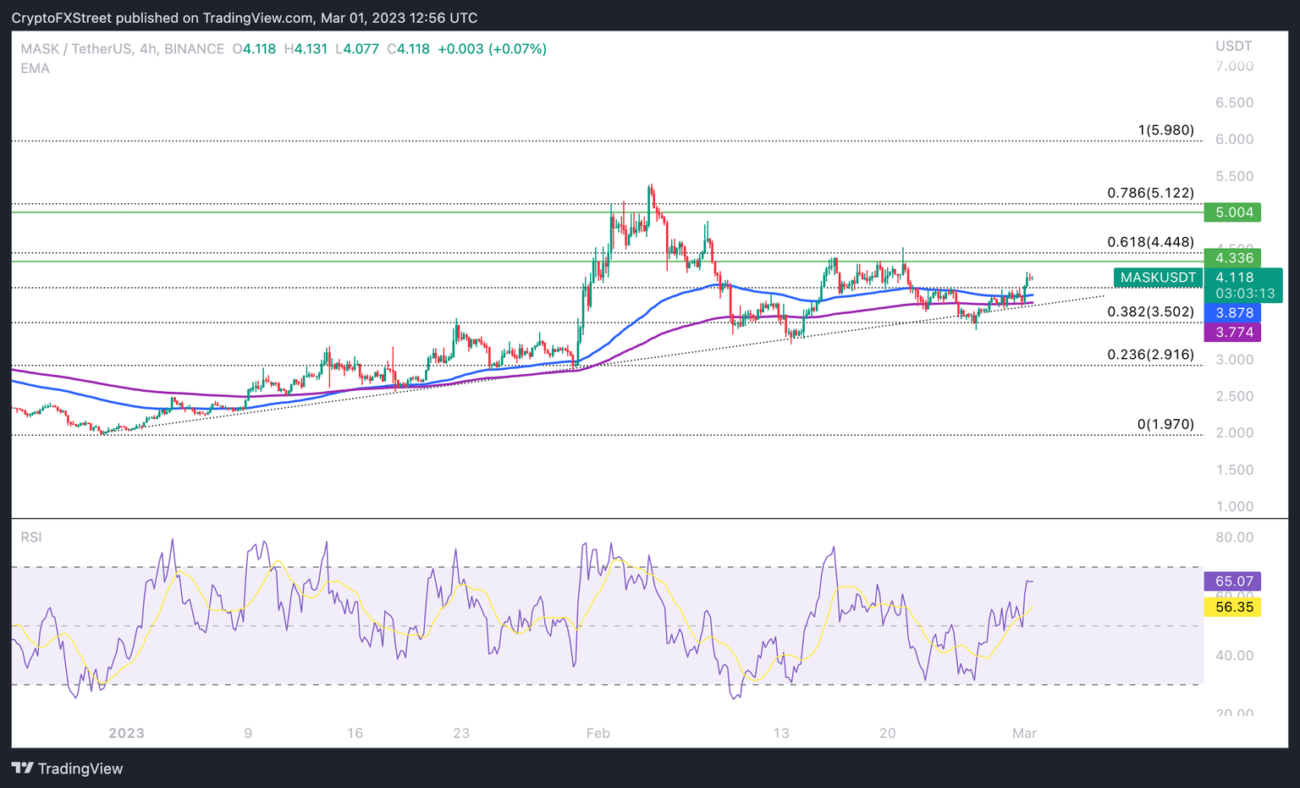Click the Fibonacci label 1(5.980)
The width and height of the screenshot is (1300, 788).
1165,130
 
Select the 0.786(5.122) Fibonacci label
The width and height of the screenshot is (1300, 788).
1150,193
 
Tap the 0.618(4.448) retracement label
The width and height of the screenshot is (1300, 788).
1150,243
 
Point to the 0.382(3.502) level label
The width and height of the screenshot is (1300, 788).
1150,312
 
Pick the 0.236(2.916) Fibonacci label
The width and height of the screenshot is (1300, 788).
1150,355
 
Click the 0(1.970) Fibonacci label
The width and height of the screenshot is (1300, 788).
1165,424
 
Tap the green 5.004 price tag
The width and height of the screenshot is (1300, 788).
1232,212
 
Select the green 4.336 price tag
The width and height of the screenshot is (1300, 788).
1232,258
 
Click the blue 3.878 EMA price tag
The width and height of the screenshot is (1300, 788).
1232,313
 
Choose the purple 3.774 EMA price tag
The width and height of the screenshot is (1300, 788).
1232,333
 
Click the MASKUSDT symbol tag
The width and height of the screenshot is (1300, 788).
1158,278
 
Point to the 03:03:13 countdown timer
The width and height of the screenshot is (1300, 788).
1244,294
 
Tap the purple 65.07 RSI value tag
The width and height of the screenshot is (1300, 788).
1232,581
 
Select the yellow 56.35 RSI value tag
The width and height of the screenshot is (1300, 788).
1232,607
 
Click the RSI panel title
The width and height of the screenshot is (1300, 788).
31,537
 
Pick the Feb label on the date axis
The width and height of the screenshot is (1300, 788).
598,733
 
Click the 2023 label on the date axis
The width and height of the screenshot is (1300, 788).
126,733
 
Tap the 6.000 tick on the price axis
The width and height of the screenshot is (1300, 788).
1234,140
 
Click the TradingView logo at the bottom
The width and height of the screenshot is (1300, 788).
68,769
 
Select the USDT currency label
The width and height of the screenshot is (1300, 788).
1233,46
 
